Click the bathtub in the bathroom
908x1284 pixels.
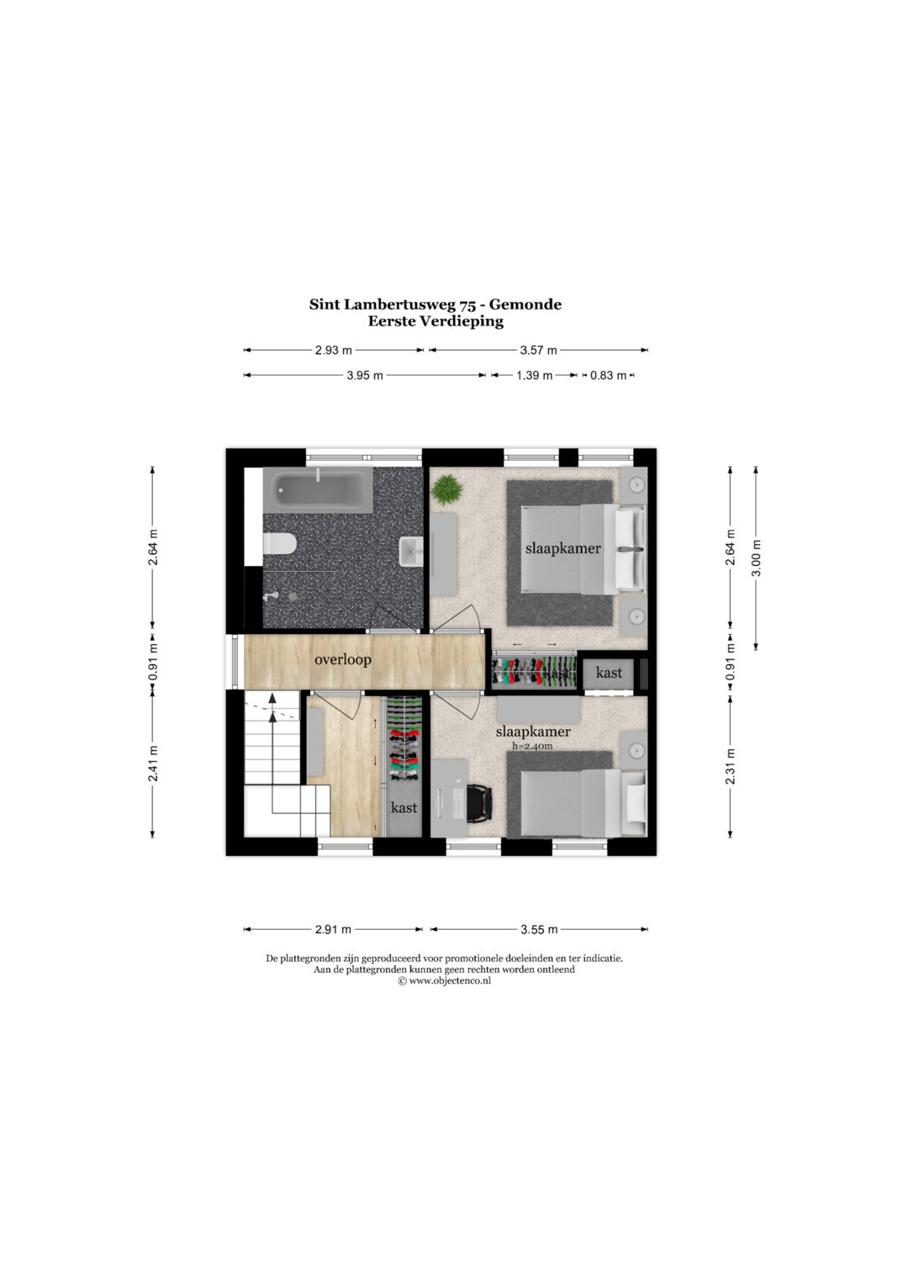318,491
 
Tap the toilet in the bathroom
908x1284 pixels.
280,543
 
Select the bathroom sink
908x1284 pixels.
410,552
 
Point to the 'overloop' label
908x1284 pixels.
342,660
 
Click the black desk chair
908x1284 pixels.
479,805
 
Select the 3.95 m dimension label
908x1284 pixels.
365,376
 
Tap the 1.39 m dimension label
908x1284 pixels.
534,376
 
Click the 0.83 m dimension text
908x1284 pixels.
608,376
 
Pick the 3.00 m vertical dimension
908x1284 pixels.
756,557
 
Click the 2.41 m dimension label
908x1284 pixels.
152,763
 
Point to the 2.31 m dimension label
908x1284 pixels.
731,766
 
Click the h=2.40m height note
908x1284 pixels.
532,746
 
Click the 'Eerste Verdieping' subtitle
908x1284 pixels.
436,321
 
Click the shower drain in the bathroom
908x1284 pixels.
293,595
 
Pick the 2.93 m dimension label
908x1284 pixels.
334,351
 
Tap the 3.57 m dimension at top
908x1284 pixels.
539,351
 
